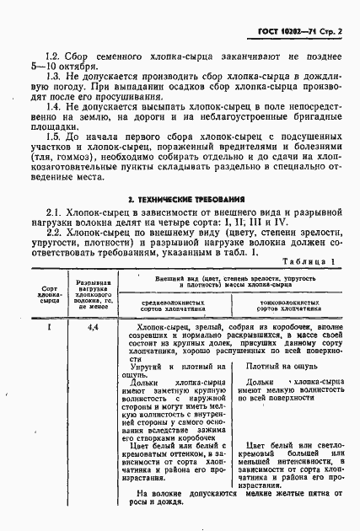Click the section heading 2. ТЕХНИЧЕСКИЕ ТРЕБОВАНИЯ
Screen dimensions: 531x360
[181, 198]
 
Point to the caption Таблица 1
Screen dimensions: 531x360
[309, 261]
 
